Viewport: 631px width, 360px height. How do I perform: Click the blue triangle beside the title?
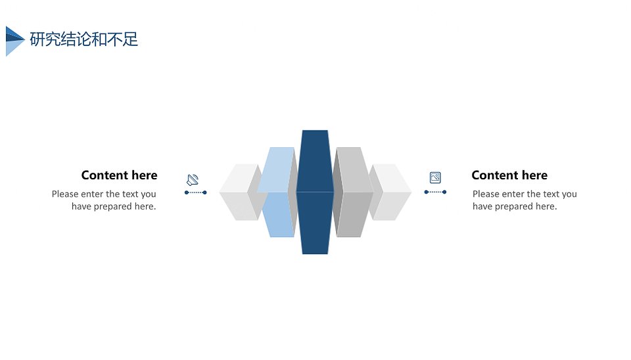coord(14,41)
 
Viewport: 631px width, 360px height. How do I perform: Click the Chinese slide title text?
coord(84,39)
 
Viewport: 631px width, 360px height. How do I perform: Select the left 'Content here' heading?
coord(119,175)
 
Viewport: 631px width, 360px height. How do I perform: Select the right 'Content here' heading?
coord(509,175)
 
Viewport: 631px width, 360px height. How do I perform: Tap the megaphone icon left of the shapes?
coord(193,180)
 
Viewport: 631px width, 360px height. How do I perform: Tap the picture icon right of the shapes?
coord(435,177)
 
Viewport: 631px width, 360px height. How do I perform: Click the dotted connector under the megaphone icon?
coord(196,192)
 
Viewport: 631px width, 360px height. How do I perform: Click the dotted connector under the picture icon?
coord(435,192)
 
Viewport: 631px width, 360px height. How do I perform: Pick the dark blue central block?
coord(315,192)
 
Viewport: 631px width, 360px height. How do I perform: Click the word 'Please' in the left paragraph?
coord(65,194)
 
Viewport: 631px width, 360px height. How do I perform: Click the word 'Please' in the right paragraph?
coord(486,194)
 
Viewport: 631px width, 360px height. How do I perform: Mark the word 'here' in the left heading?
coord(145,175)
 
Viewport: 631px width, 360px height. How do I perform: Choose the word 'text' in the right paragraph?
coord(551,194)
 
